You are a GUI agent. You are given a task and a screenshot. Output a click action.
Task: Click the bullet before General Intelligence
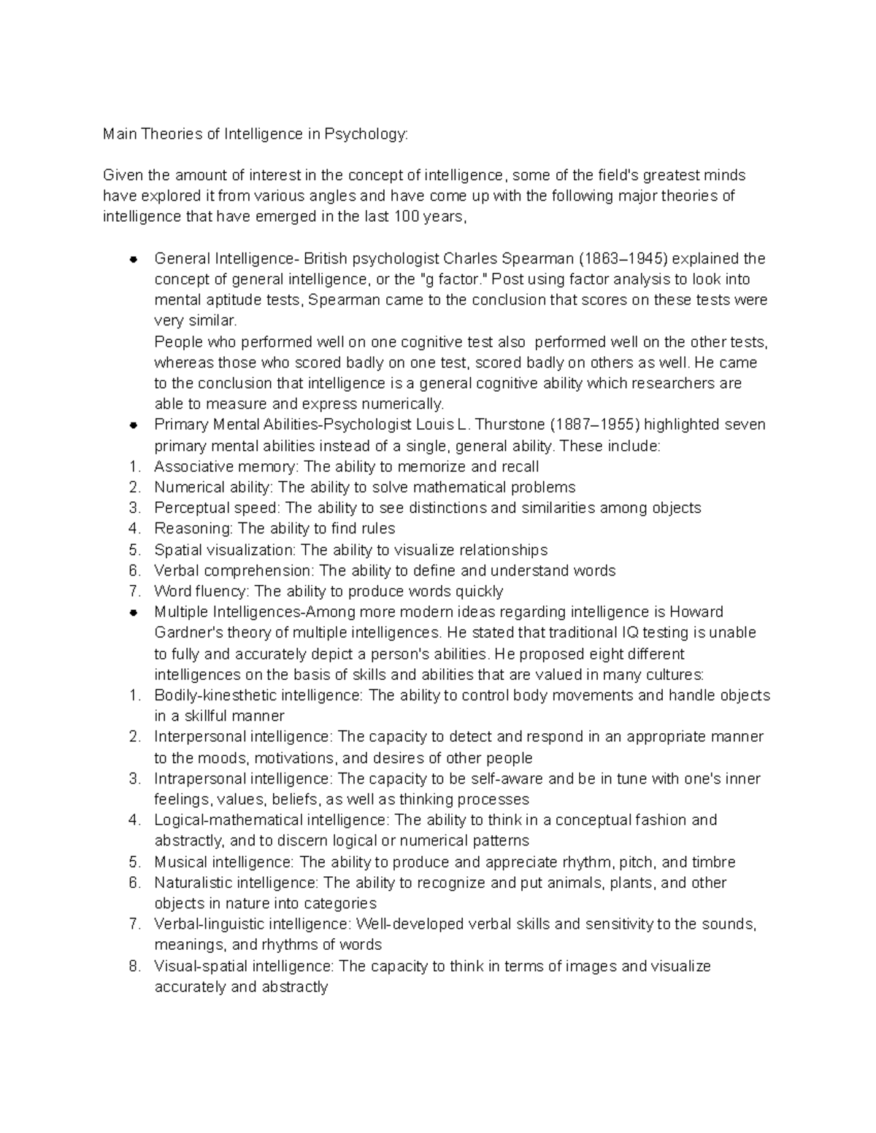tap(134, 259)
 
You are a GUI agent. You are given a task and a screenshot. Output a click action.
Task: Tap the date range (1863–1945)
tap(623, 259)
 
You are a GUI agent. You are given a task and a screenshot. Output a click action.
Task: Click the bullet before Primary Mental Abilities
tap(134, 425)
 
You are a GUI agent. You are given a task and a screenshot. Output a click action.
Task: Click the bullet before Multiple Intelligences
tap(134, 612)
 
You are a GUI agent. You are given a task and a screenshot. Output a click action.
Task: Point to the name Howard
tap(696, 612)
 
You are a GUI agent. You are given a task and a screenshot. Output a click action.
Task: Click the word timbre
tap(713, 862)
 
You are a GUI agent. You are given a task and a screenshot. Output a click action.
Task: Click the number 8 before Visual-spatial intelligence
tap(134, 967)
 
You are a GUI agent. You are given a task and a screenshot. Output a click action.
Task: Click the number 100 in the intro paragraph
tap(406, 217)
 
